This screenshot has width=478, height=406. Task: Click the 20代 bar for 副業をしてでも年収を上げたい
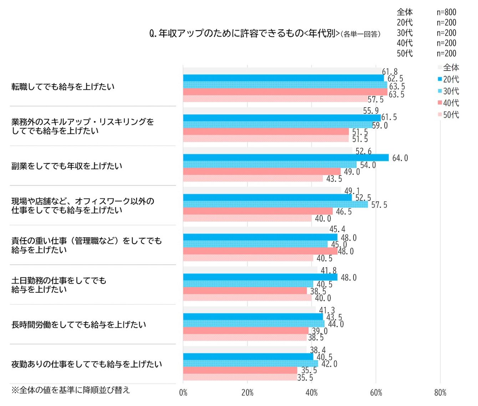pyautogui.click(x=285, y=158)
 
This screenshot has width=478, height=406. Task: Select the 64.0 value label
pyautogui.click(x=400, y=158)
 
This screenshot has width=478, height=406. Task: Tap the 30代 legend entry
pyautogui.click(x=448, y=91)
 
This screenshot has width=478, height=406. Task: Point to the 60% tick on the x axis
pyautogui.click(x=376, y=393)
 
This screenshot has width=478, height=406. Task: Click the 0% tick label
pyautogui.click(x=183, y=393)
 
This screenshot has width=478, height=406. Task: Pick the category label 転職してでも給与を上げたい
pyautogui.click(x=63, y=87)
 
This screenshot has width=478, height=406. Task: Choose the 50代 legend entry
pyautogui.click(x=448, y=115)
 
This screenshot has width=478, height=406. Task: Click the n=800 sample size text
pyautogui.click(x=446, y=12)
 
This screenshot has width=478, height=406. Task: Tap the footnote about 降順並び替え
pyautogui.click(x=71, y=390)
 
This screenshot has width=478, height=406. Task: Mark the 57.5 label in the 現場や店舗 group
pyautogui.click(x=379, y=205)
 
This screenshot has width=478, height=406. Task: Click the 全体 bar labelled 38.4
pyautogui.click(x=245, y=349)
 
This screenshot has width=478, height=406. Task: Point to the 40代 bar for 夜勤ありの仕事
pyautogui.click(x=240, y=370)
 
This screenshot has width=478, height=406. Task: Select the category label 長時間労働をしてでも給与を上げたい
pyautogui.click(x=78, y=325)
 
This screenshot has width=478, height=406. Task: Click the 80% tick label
pyautogui.click(x=440, y=393)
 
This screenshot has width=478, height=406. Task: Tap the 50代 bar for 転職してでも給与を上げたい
pyautogui.click(x=275, y=99)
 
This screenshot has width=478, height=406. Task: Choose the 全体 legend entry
pyautogui.click(x=448, y=68)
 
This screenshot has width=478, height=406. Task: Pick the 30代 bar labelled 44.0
pyautogui.click(x=253, y=324)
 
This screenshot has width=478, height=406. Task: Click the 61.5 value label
pyautogui.click(x=389, y=117)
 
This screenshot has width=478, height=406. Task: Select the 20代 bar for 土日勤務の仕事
pyautogui.click(x=260, y=277)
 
